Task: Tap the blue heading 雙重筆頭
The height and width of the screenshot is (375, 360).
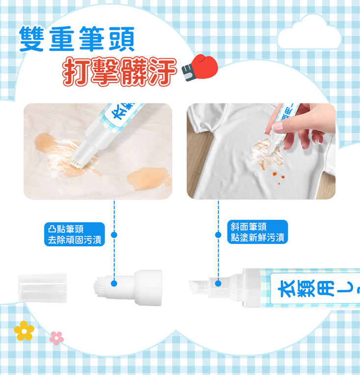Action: pos(76,40)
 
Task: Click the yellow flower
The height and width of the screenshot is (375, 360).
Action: pos(24,331)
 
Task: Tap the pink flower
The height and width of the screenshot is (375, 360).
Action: pos(56,338)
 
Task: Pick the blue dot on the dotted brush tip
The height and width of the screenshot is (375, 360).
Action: pos(114,283)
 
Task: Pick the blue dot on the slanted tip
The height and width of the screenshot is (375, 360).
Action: pos(219,283)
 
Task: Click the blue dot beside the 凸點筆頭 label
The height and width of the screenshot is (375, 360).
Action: pos(114,235)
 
